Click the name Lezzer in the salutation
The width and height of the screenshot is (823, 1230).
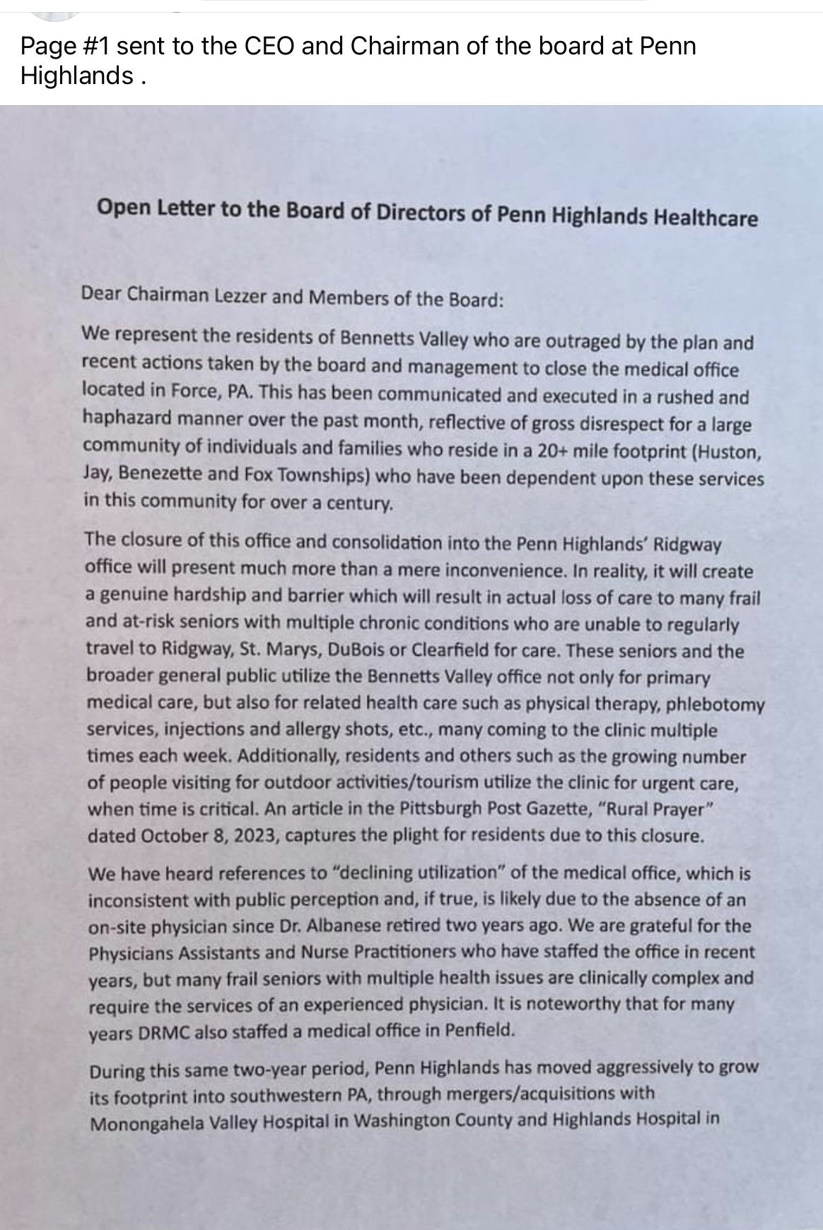238,296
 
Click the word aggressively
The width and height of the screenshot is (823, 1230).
621,1067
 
